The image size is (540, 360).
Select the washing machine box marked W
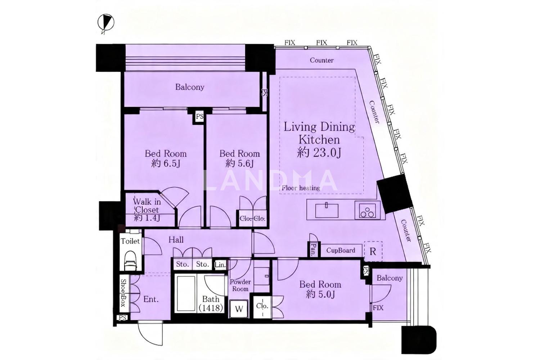tap(239, 309)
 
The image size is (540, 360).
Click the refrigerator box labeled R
tap(373, 252)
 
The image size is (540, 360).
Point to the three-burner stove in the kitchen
tap(367, 211)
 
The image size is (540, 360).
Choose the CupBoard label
tap(341, 250)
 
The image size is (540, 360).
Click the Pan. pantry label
tap(313, 249)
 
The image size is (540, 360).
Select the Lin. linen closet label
tap(220, 265)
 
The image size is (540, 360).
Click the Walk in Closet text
tap(147, 206)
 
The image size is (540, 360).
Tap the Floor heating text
tap(301, 188)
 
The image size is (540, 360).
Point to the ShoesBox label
tap(123, 292)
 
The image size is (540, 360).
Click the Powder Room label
tap(240, 285)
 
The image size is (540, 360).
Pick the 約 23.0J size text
tap(319, 153)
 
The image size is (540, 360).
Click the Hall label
tap(176, 240)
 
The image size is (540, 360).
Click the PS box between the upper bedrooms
tap(199, 117)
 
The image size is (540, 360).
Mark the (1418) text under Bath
tap(211, 308)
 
